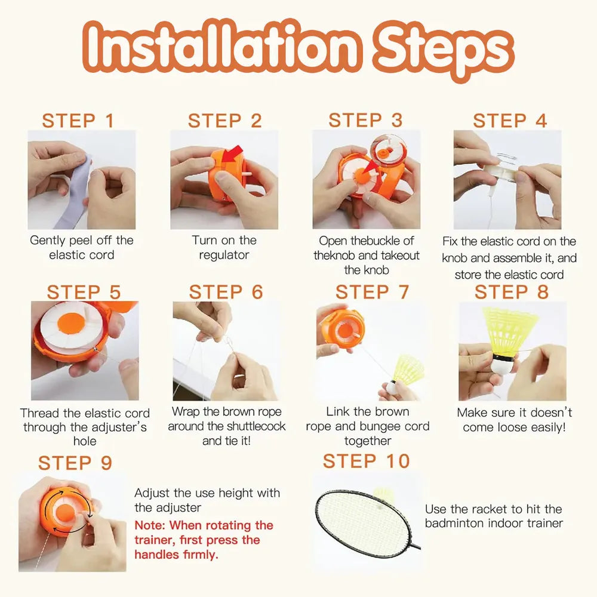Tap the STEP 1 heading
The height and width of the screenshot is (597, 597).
78,121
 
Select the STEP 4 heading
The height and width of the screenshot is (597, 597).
510,121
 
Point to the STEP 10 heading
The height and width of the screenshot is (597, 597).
367,461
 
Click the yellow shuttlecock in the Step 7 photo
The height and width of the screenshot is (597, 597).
408,370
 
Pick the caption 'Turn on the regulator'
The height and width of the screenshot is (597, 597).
224,248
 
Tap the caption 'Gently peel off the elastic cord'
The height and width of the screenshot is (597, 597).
82,248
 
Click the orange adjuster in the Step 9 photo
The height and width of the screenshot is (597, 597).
66,510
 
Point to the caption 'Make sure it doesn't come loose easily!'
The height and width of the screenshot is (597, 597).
514,420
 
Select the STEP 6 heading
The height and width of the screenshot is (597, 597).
226,292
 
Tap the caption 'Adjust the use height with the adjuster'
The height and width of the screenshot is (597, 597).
207,500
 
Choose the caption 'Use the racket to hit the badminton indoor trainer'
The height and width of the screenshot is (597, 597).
493,516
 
